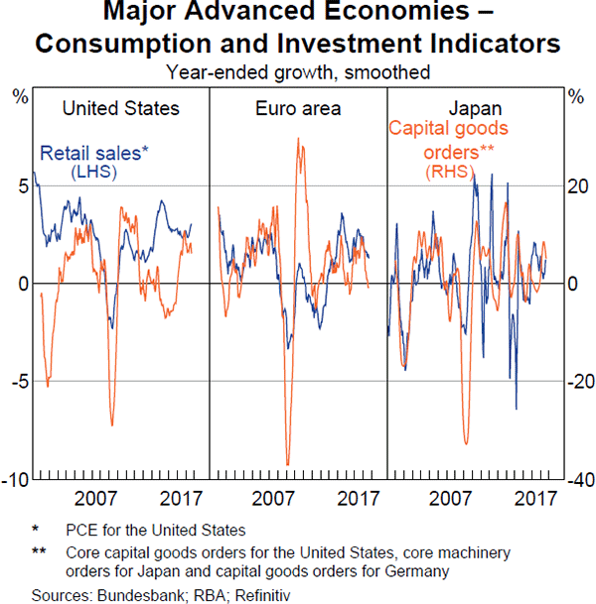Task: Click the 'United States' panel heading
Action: click(120, 108)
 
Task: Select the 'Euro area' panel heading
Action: click(296, 108)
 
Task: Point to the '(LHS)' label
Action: click(94, 172)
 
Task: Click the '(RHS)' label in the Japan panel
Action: click(450, 173)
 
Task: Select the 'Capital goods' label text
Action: click(448, 129)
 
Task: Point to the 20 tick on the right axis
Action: click(576, 186)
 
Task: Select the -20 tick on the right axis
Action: click(575, 383)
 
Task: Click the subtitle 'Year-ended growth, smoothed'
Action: click(298, 71)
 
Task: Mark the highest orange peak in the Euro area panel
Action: click(299, 139)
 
